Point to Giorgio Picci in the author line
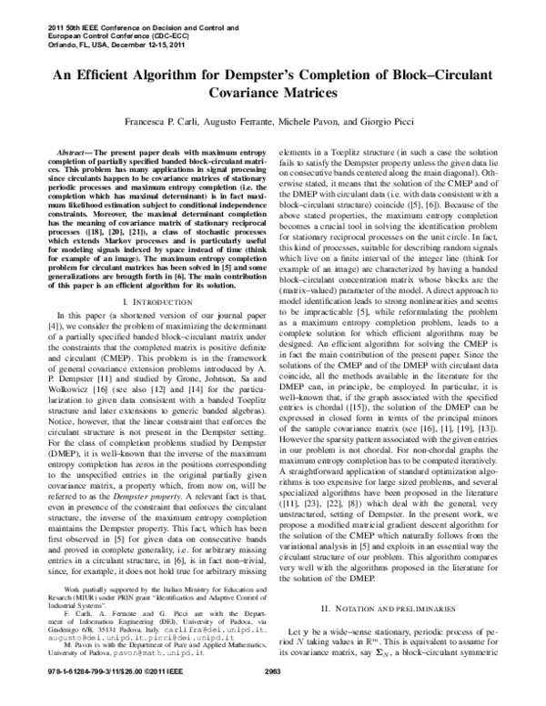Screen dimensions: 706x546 [x=404, y=121]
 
